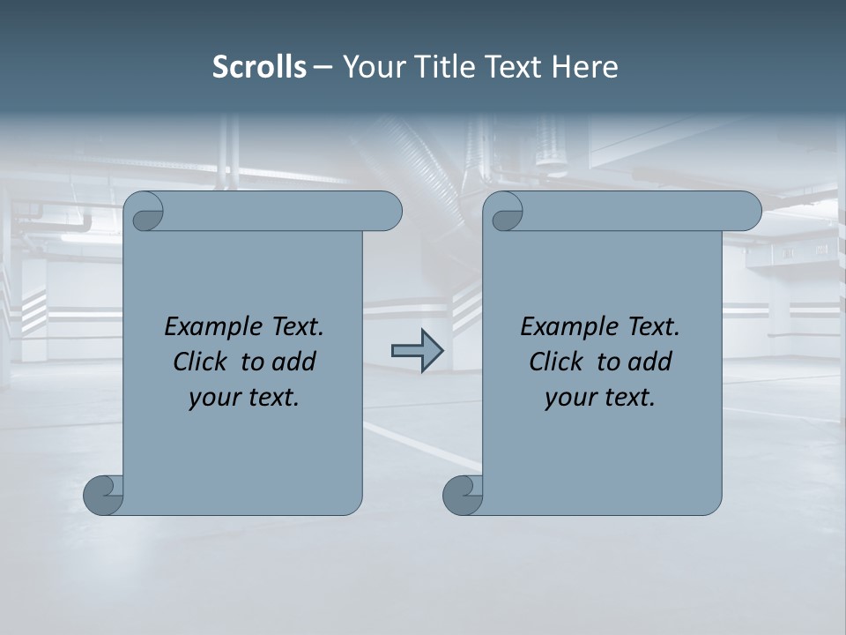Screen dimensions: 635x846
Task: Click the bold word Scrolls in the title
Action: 260,67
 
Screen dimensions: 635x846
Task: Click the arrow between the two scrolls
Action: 417,351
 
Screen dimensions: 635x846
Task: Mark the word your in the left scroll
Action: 212,398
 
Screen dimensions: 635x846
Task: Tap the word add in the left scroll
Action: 293,362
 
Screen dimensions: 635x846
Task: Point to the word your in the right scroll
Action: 568,398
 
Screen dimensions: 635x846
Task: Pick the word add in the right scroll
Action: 649,362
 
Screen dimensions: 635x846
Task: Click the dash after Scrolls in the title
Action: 323,68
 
